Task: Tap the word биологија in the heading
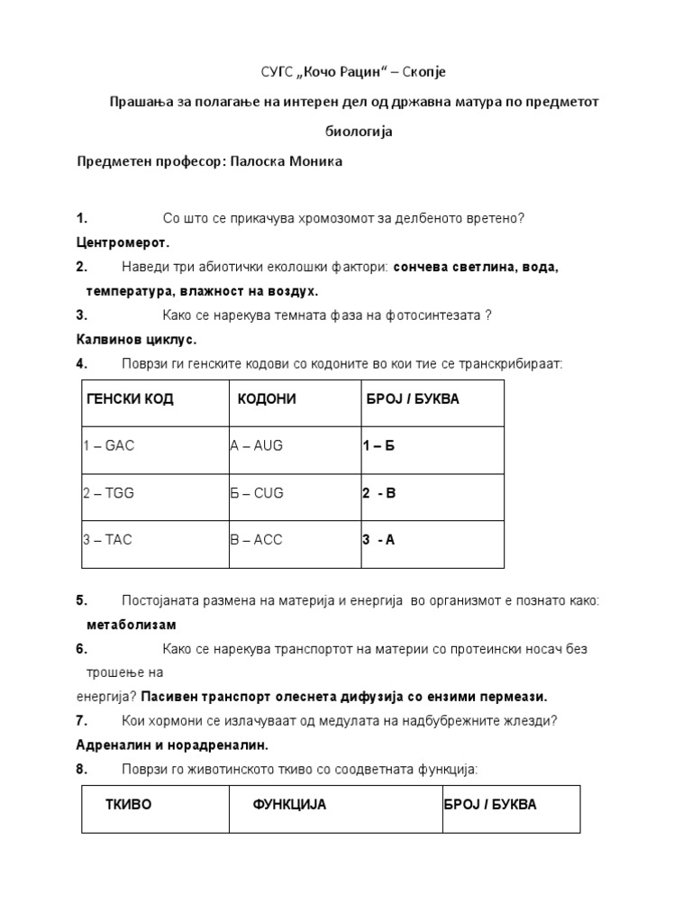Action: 358,131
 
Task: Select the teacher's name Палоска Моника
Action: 287,161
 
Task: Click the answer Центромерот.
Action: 123,242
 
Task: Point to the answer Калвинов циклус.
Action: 135,340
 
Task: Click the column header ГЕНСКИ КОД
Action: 130,399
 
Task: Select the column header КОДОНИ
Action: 267,399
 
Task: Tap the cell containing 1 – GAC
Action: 108,446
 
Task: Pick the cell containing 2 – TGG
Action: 108,493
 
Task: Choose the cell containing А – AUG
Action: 256,446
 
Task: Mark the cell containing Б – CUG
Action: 257,493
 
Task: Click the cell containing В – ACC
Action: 257,540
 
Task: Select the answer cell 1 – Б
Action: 378,446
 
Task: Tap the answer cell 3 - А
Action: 378,540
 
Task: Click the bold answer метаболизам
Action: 132,625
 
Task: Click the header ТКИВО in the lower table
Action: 129,805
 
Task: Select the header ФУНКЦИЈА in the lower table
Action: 289,805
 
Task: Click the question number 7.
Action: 81,720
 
